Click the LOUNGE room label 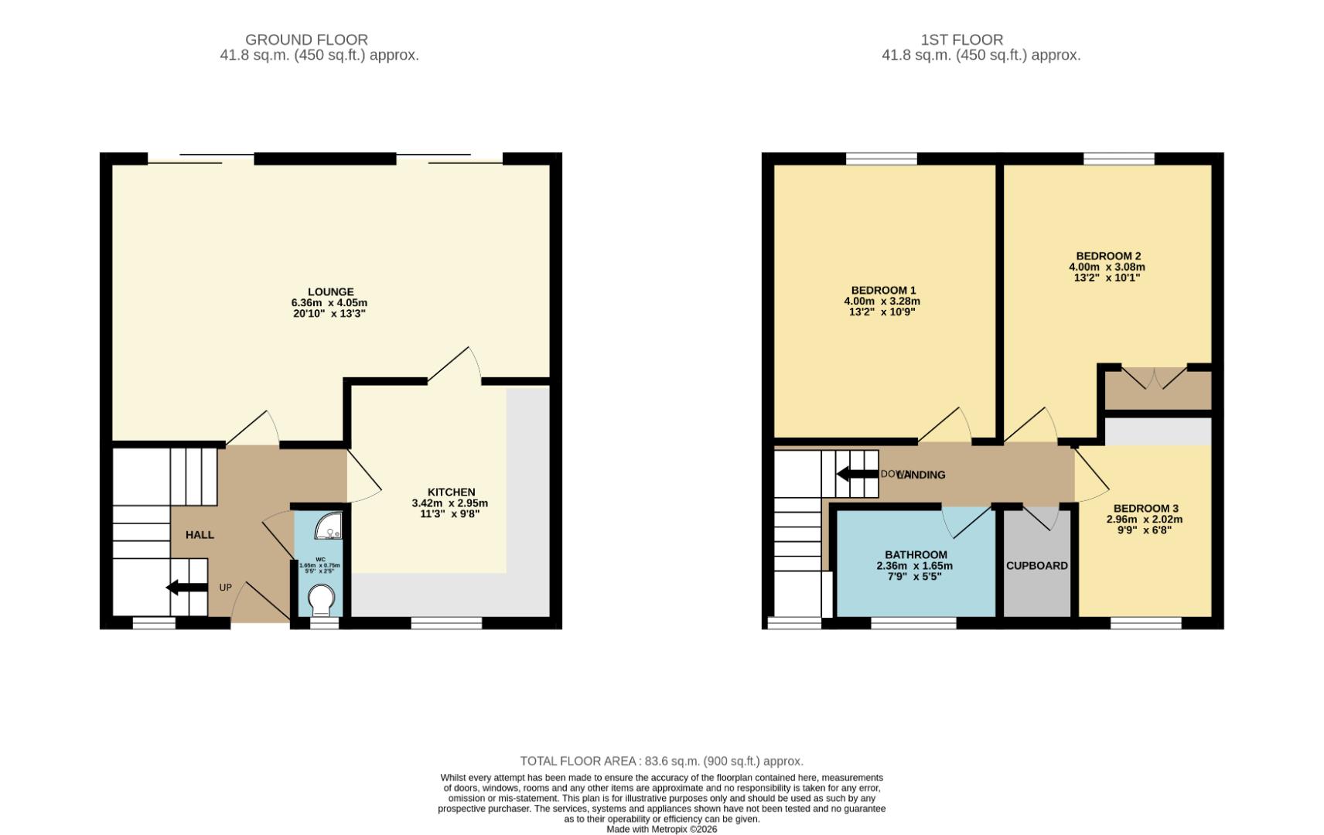330,292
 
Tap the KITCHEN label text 451,492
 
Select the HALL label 200,534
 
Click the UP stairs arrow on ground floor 186,588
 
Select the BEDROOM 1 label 882,291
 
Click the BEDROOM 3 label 1145,508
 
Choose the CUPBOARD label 1036,565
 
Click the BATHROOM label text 916,554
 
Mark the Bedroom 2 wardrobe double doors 1153,379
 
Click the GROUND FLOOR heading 306,39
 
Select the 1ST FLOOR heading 961,39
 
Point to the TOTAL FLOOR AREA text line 661,761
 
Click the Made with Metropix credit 661,829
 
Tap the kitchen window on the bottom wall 446,622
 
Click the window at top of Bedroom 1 881,158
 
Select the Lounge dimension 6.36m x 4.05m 329,303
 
